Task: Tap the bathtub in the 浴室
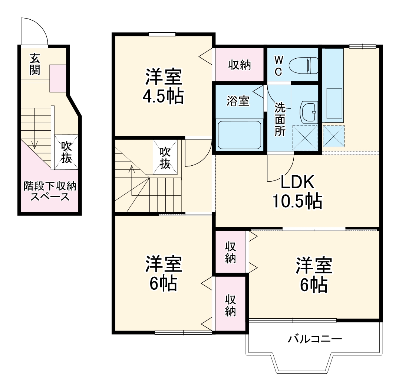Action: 240,135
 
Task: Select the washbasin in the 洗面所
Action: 309,113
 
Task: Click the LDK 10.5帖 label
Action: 297,192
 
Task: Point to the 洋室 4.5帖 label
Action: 164,86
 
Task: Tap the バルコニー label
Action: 315,339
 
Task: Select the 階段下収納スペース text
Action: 50,191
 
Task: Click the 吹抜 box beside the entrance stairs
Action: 66,152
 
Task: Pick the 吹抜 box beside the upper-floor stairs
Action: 165,157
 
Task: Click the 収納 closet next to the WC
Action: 240,65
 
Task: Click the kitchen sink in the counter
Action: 334,103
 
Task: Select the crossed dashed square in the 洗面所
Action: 305,137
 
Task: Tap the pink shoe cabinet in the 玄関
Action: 58,78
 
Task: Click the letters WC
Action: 278,66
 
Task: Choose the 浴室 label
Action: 238,101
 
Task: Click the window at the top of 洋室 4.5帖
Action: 162,34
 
